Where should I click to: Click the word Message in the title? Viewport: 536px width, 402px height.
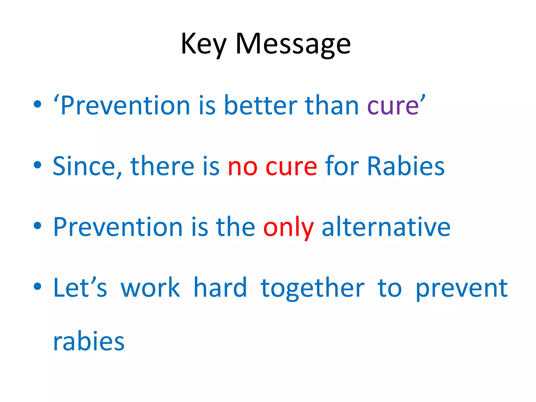pyautogui.click(x=293, y=44)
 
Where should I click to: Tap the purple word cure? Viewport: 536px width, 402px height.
pyautogui.click(x=393, y=106)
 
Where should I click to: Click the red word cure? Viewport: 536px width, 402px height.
pyautogui.click(x=291, y=167)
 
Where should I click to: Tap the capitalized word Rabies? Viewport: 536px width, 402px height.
pyautogui.click(x=406, y=166)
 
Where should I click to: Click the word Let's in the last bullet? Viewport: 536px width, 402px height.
pyautogui.click(x=80, y=288)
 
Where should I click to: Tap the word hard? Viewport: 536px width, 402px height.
pyautogui.click(x=220, y=288)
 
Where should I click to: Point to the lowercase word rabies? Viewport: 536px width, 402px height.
pyautogui.click(x=89, y=341)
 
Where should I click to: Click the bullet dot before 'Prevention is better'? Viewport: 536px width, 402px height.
pyautogui.click(x=37, y=104)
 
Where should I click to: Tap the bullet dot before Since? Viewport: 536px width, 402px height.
pyautogui.click(x=37, y=165)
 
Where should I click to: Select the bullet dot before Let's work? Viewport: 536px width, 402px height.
pyautogui.click(x=37, y=286)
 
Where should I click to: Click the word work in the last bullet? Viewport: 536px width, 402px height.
pyautogui.click(x=150, y=288)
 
